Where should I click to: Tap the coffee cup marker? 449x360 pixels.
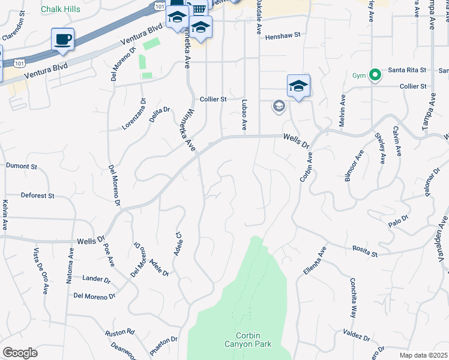pos(62,40)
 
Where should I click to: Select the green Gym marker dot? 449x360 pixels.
pos(375,75)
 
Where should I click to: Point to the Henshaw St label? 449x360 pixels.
pos(282,36)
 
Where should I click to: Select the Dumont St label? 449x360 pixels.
pos(22,166)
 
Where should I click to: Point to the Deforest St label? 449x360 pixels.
pos(37,196)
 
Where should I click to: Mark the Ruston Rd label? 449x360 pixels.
pos(120,332)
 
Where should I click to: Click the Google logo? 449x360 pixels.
pos(20,353)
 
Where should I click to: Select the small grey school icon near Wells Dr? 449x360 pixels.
pos(279,106)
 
